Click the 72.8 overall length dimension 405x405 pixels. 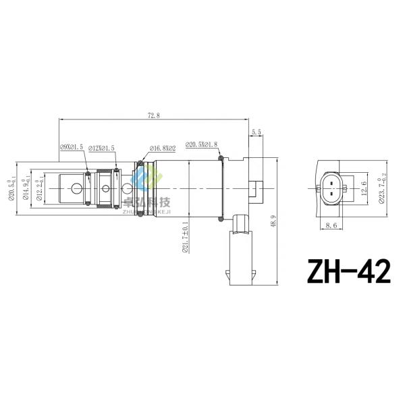point(154,116)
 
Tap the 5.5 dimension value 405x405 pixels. point(256,132)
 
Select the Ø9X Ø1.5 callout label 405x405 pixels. point(72,146)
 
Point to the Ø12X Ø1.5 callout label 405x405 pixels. point(102,147)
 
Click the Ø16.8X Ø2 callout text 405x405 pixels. point(163,147)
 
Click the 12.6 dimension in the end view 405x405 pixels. point(363,187)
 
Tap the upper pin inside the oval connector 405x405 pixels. point(331,182)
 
